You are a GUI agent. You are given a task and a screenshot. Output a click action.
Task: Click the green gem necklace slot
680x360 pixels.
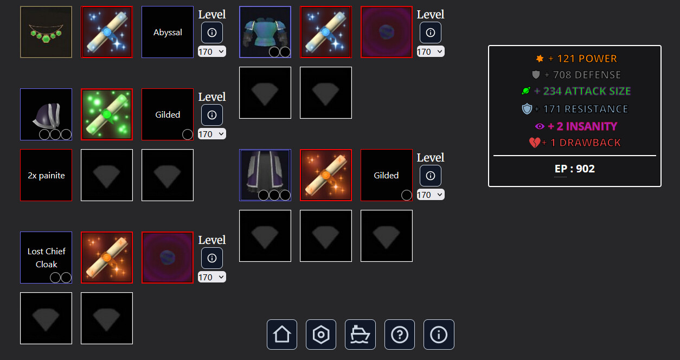[x=46, y=32]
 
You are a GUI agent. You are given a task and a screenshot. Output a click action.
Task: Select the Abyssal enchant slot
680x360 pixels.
[x=168, y=32]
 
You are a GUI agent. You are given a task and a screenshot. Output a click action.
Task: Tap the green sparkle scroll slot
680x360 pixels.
[x=107, y=114]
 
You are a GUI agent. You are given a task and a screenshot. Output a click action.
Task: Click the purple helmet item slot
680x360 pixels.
[x=46, y=114]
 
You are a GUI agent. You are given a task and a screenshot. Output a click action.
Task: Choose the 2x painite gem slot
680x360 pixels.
[x=46, y=175]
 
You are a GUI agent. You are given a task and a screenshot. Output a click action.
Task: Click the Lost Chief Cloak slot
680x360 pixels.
[x=46, y=258]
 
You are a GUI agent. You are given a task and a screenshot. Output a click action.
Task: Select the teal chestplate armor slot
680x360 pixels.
[x=265, y=32]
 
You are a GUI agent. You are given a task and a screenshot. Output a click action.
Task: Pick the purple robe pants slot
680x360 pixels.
[x=265, y=175]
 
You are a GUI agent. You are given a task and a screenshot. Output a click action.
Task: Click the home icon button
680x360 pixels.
[x=282, y=335]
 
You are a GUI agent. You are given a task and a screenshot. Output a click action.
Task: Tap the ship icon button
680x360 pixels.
[x=361, y=335]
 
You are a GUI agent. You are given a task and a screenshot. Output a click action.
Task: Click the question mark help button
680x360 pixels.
[x=400, y=335]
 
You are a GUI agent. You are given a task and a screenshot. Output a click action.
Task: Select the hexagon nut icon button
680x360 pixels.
[x=321, y=335]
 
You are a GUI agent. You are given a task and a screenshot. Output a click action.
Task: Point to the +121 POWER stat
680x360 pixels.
[x=576, y=59]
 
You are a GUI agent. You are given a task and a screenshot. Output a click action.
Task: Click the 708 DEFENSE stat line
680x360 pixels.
[x=576, y=75]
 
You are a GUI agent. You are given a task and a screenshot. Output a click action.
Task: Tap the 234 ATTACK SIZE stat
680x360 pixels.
[x=576, y=91]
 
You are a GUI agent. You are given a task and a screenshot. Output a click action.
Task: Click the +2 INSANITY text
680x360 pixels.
[x=582, y=126]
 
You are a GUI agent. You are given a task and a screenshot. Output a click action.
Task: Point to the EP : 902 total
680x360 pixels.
[x=575, y=169]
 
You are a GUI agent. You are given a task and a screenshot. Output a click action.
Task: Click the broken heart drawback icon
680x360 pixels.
[x=535, y=143]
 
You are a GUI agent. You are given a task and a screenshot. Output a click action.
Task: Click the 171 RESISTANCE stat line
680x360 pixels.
[x=575, y=109]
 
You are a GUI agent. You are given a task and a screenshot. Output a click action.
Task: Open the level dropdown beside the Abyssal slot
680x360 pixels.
[x=212, y=52]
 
